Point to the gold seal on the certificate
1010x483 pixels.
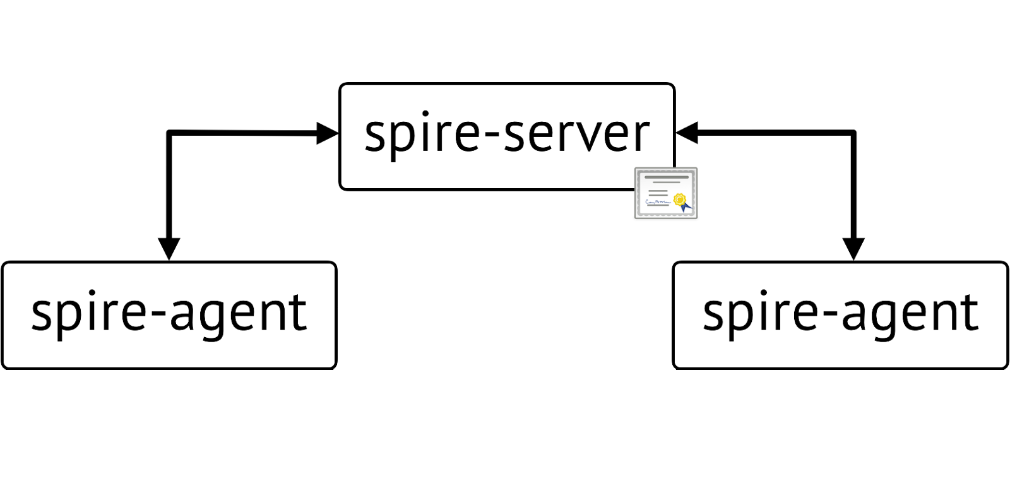tap(679, 200)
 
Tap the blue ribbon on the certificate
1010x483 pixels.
tap(686, 207)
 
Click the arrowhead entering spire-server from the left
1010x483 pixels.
tap(328, 133)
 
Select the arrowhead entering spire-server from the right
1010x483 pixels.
tap(686, 133)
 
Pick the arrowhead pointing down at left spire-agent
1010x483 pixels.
tap(169, 248)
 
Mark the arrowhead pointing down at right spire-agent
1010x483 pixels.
tap(853, 248)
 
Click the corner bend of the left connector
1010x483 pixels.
tap(169, 133)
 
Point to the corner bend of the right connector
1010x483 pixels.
tap(853, 133)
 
